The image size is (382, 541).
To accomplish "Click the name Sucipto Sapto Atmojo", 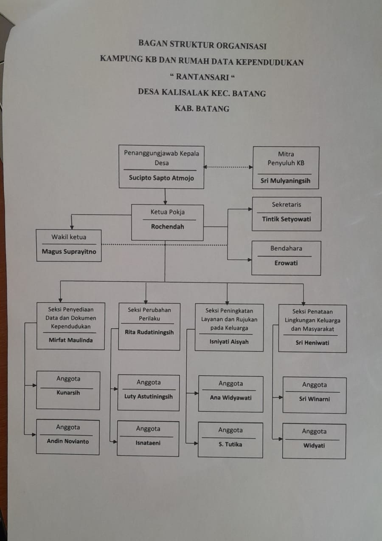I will (x=161, y=178).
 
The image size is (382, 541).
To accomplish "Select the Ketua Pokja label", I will (x=167, y=212).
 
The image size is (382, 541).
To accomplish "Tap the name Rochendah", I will (x=168, y=227).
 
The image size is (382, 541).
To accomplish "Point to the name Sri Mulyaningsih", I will (x=286, y=181).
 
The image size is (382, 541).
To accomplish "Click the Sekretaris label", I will (x=286, y=204).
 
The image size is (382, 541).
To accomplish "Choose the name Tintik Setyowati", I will (x=286, y=219).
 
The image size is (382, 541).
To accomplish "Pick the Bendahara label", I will (x=286, y=248).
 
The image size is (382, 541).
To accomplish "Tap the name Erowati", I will (x=286, y=263).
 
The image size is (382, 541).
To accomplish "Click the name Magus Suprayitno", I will (x=69, y=251).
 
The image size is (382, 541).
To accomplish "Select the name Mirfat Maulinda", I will (x=70, y=340).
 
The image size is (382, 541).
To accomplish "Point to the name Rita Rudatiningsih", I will (x=149, y=332).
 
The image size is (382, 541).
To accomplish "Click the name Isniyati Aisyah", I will (x=229, y=342).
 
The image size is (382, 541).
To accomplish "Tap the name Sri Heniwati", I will (x=312, y=343).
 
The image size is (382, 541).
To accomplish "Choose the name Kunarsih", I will (x=68, y=393).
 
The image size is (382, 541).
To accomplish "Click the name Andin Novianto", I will (x=68, y=441).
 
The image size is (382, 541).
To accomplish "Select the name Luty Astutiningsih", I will (x=149, y=397).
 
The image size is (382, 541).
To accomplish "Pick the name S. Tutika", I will (x=230, y=445).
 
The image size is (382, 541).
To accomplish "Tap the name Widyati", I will (x=314, y=446).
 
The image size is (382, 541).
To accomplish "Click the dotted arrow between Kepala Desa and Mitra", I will (x=228, y=167).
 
